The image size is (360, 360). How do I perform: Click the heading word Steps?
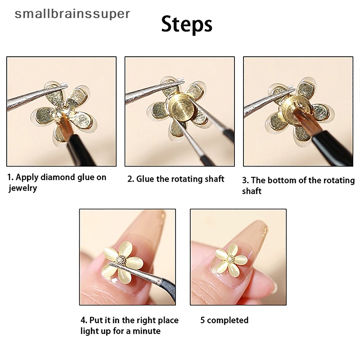coord(187,25)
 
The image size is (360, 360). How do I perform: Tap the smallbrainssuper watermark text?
coord(72,14)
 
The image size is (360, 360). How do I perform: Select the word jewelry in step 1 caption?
coord(23,188)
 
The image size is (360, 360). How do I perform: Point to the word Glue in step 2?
coord(145,179)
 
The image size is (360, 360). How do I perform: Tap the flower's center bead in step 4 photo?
coord(121,261)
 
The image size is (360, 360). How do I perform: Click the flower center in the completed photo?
coord(231,259)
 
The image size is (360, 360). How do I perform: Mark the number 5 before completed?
coord(202,320)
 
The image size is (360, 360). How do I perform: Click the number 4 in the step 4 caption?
coord(83,320)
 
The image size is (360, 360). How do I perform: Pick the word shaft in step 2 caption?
coord(215,179)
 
